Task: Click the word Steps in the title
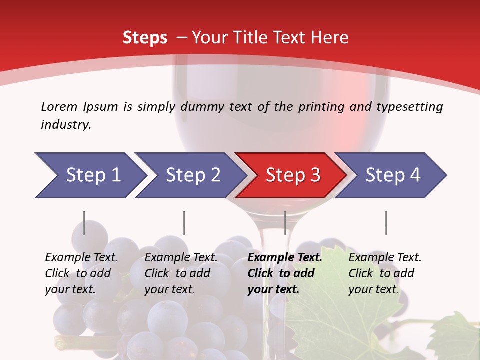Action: tap(145, 38)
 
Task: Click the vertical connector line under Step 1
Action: tap(84, 223)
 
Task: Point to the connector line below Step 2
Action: tap(184, 223)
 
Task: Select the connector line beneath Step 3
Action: tap(285, 223)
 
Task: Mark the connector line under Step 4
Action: tap(386, 223)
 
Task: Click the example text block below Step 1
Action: tap(81, 273)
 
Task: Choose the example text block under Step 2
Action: tap(181, 273)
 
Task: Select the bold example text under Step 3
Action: tap(285, 273)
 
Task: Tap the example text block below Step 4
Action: tap(385, 273)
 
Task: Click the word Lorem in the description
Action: tap(59, 106)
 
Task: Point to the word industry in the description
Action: tap(66, 125)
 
